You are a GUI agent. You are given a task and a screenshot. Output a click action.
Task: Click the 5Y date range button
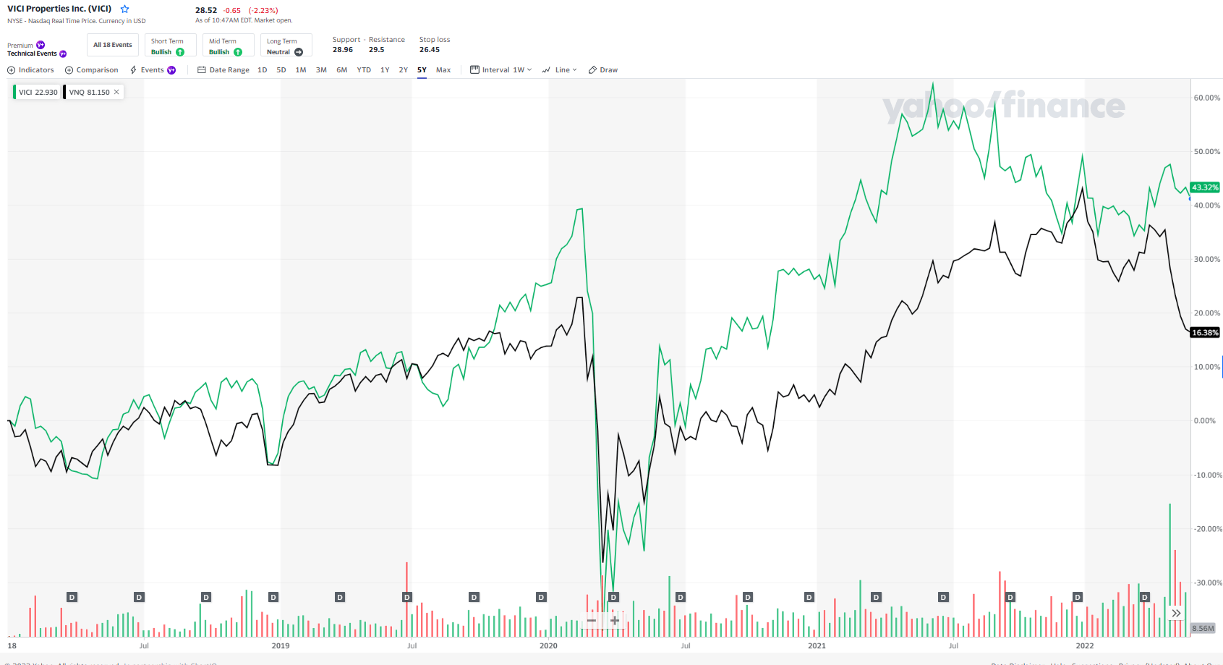(x=422, y=70)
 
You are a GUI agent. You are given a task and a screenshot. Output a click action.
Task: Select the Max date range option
(x=443, y=70)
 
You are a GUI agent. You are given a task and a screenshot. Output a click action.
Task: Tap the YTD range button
(x=364, y=70)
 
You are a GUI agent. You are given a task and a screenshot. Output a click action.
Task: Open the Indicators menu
(x=30, y=70)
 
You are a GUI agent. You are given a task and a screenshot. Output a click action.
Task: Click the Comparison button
(x=92, y=70)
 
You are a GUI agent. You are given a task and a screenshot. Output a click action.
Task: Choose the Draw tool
(x=603, y=70)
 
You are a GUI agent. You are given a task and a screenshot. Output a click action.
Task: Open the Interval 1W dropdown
(x=500, y=70)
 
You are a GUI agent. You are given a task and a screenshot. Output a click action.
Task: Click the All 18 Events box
(x=113, y=45)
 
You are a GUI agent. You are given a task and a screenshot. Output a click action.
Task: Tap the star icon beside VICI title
(x=124, y=9)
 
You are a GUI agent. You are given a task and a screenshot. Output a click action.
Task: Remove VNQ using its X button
(x=116, y=92)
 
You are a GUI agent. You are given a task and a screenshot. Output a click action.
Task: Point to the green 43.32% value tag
(x=1205, y=187)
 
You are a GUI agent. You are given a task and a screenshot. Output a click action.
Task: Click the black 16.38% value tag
(x=1205, y=333)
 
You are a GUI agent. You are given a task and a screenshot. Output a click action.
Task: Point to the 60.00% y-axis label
(x=1206, y=98)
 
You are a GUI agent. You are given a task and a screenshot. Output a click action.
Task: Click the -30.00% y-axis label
(x=1206, y=583)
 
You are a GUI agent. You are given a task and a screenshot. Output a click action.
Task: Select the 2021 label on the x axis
(x=817, y=645)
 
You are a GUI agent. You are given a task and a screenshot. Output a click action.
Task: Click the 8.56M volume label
(x=1203, y=628)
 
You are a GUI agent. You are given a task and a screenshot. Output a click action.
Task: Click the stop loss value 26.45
(x=430, y=50)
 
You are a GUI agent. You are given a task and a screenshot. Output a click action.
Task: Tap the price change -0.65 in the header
(x=232, y=11)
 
